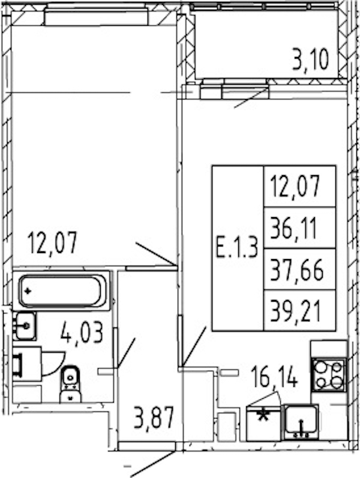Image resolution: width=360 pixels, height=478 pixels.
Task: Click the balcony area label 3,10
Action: [x=311, y=60]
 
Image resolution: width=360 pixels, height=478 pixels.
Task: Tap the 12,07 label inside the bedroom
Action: [x=52, y=243]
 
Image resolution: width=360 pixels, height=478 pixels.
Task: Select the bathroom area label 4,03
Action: [x=82, y=333]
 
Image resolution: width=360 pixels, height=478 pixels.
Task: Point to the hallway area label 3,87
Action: [x=154, y=417]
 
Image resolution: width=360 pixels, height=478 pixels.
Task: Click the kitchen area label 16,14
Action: [x=274, y=377]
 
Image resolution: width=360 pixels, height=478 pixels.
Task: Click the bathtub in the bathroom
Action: [x=63, y=291]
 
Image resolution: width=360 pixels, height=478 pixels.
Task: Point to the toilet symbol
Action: [x=70, y=384]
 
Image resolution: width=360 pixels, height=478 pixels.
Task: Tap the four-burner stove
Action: [x=329, y=375]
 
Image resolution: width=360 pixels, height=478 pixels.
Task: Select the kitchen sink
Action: [x=301, y=422]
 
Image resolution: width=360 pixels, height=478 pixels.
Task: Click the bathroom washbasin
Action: [x=25, y=326]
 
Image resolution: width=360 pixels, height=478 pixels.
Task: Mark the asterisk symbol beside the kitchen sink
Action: [x=263, y=415]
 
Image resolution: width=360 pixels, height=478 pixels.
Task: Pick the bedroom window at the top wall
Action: [x=97, y=17]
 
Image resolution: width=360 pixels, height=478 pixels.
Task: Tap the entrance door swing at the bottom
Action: [x=153, y=464]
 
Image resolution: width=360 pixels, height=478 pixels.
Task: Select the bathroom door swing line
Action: [x=127, y=353]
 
